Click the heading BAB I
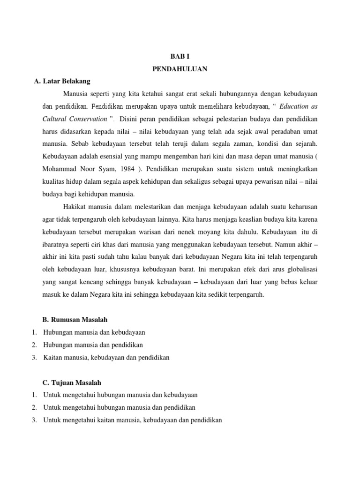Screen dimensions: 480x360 180,56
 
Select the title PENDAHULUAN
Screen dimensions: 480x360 180,68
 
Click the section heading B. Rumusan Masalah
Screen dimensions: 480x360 75,320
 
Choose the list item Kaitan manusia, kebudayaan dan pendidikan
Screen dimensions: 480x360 106,358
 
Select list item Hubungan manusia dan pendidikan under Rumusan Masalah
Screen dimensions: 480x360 93,345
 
